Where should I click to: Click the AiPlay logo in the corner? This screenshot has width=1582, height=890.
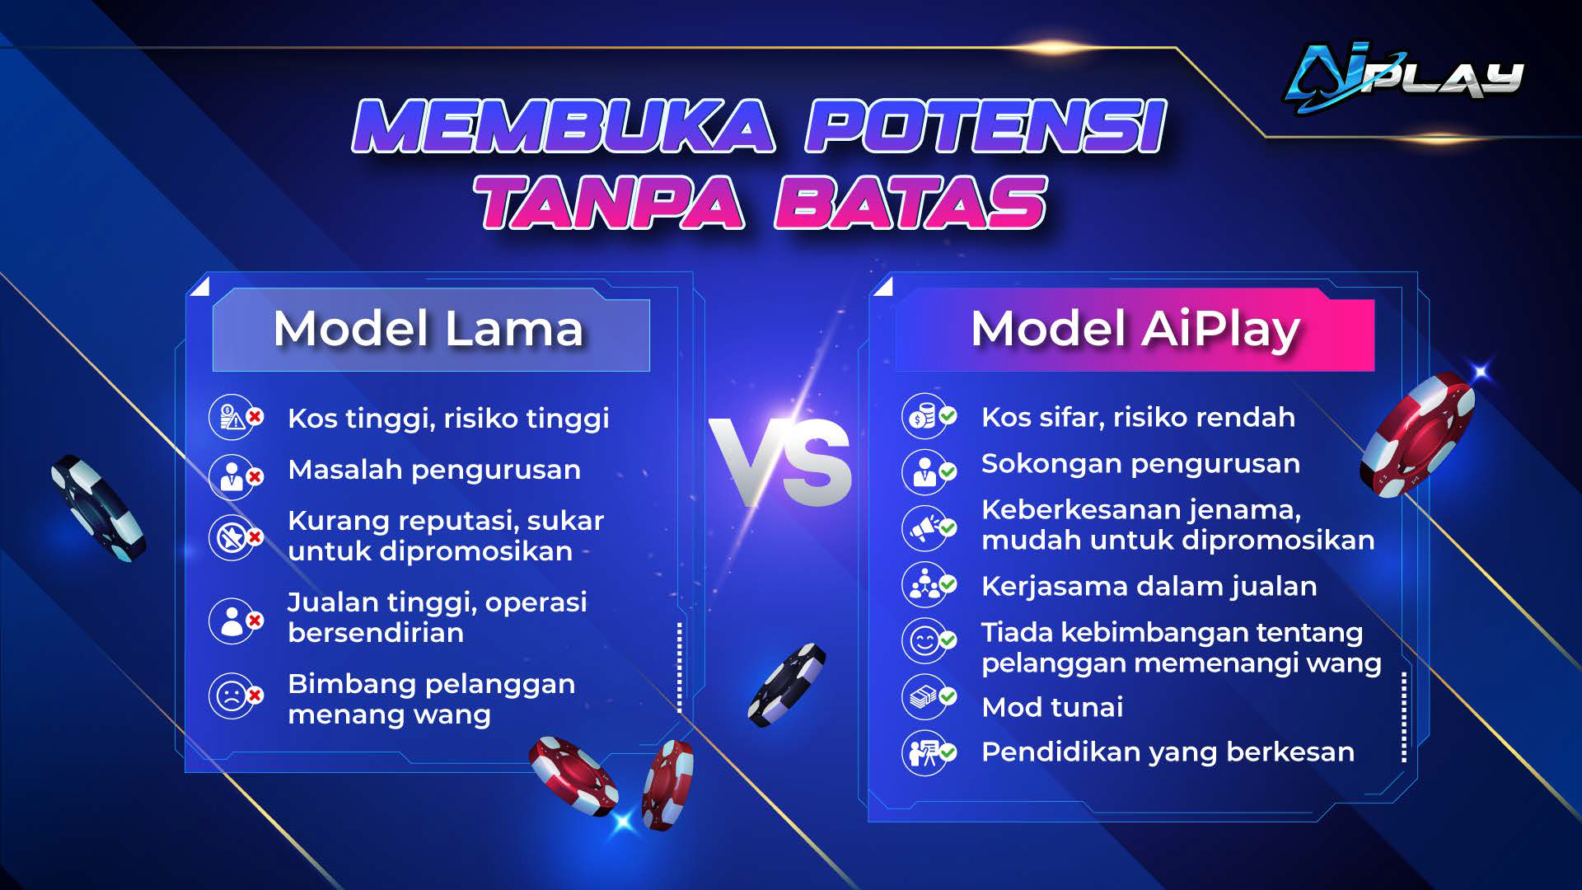pos(1404,77)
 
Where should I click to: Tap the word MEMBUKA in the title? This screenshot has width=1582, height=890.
pos(564,126)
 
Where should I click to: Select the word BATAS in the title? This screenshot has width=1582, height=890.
pos(910,202)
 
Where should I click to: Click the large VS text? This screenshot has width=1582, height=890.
pos(779,461)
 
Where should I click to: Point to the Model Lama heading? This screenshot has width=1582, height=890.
pos(428,328)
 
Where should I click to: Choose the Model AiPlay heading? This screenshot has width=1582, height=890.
pos(1135,330)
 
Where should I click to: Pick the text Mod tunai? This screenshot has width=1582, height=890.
pos(1052,707)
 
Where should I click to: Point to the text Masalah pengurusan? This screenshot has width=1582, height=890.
pos(434,470)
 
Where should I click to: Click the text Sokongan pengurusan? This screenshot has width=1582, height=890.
pos(1140,464)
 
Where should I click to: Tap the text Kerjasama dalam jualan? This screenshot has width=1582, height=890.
pos(1149,586)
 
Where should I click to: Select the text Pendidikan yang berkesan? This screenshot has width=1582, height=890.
pos(1168,752)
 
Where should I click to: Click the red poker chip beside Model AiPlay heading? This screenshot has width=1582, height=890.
pos(1417,435)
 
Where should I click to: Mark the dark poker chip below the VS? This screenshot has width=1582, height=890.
pos(786,685)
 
